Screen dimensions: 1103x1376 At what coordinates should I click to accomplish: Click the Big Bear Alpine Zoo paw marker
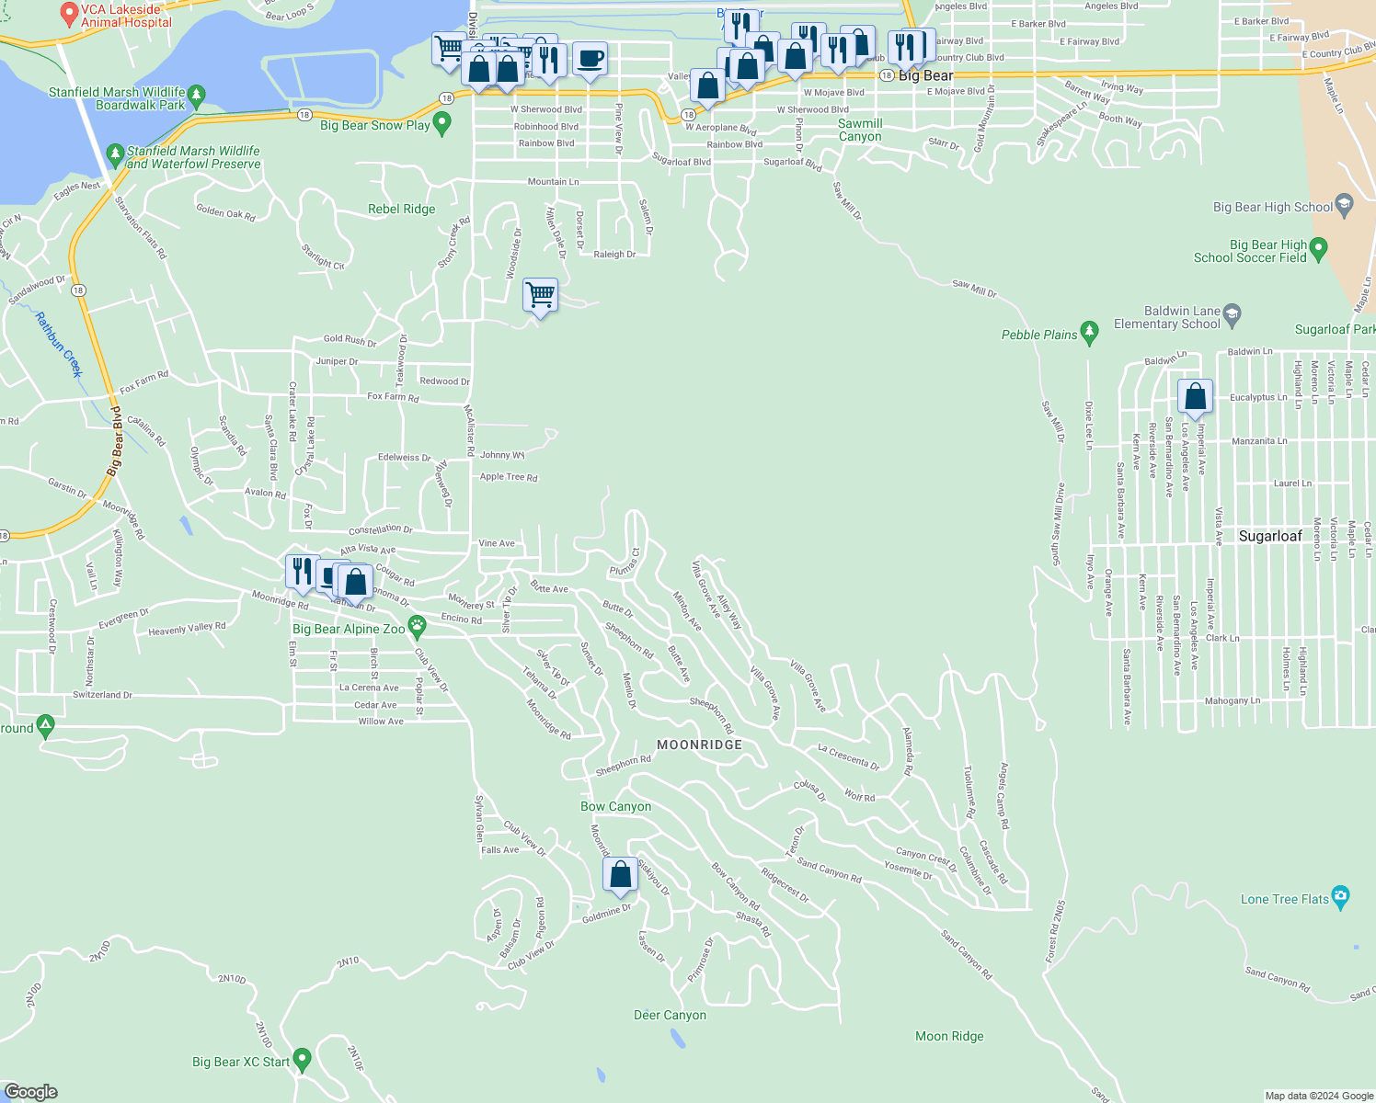pos(417,627)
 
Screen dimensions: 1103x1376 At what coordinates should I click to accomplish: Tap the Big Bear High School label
pos(1273,208)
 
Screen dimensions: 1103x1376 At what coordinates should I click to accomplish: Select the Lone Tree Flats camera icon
pos(1340,898)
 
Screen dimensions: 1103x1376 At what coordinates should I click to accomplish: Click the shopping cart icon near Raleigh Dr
pos(540,296)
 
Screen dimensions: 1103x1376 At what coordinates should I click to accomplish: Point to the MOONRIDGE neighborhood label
pos(699,745)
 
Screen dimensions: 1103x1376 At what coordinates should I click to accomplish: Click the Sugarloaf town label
pos(1270,536)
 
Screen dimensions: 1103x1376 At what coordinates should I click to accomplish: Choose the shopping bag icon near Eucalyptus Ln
pos(1195,397)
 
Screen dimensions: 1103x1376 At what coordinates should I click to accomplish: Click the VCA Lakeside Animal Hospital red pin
pos(68,13)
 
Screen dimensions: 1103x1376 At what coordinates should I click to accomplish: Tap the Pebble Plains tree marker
pos(1090,332)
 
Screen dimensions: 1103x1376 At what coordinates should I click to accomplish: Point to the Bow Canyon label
pos(615,806)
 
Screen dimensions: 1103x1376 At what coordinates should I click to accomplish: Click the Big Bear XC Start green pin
pos(301,1059)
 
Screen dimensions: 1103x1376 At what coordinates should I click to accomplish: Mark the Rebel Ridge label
pos(401,209)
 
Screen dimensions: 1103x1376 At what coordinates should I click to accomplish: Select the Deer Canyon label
pos(670,1015)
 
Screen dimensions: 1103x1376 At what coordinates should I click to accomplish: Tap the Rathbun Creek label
pos(59,345)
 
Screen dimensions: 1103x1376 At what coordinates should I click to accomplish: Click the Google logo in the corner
pos(31,1091)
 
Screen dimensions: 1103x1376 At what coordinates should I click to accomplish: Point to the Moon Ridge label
pos(949,1036)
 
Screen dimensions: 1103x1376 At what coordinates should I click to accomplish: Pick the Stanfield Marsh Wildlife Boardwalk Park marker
pos(196,95)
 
